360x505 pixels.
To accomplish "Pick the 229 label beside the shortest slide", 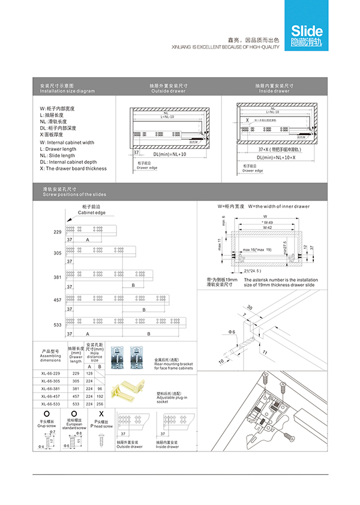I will click(58, 232).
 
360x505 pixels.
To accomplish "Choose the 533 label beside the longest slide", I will click(58, 325).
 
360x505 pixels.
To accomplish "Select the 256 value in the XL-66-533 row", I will click(98, 404).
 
